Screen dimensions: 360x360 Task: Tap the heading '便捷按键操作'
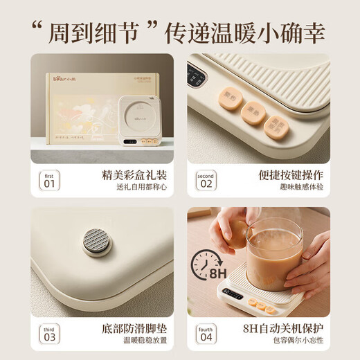tap(286, 175)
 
